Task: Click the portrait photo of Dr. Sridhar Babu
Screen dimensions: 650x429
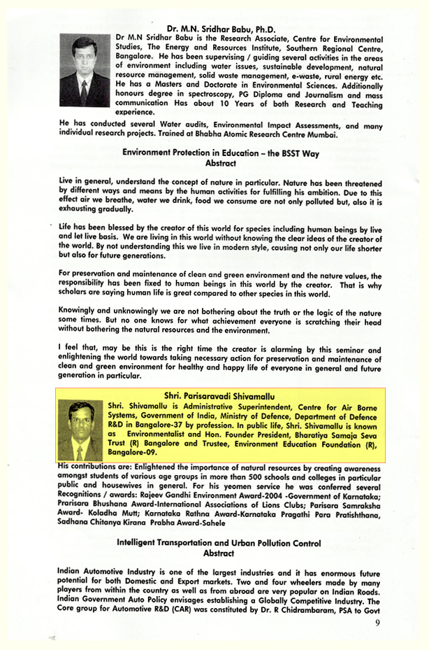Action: coord(85,71)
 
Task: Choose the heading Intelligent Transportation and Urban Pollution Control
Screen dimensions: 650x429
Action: coord(219,542)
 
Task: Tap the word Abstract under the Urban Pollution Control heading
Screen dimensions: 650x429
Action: coord(218,553)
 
